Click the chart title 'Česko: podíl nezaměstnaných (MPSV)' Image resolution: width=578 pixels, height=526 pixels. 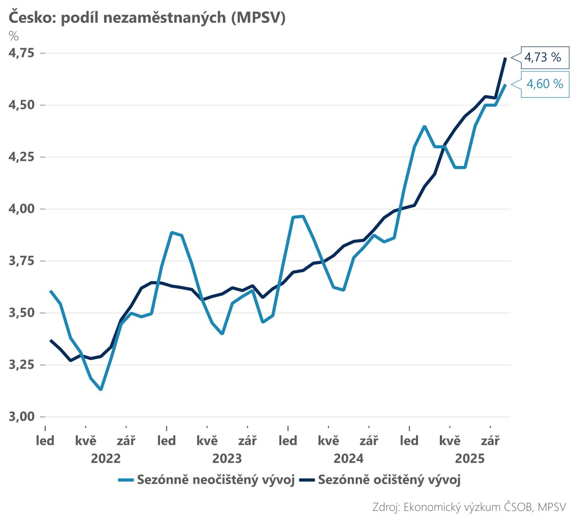click(146, 18)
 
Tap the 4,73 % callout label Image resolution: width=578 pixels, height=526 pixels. click(543, 57)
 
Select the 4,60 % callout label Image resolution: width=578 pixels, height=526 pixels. click(545, 84)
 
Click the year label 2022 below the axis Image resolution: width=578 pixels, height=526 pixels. click(106, 458)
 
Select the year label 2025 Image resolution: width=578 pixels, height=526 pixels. click(470, 458)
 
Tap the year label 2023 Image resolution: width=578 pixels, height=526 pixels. click(227, 458)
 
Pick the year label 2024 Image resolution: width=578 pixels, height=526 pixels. click(348, 458)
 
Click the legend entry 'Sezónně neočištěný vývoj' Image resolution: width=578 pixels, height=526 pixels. click(216, 480)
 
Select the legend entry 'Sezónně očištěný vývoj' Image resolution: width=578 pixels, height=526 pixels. click(389, 480)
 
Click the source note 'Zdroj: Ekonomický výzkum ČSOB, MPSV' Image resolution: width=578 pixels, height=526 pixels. click(469, 507)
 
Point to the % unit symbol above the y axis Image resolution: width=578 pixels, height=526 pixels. click(14, 36)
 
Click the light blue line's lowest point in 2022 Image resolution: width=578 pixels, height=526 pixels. click(101, 389)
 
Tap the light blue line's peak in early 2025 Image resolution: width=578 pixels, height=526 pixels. click(425, 126)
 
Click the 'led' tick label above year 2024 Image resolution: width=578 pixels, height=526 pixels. click(288, 441)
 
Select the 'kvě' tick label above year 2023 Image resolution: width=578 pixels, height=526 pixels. click(207, 441)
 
